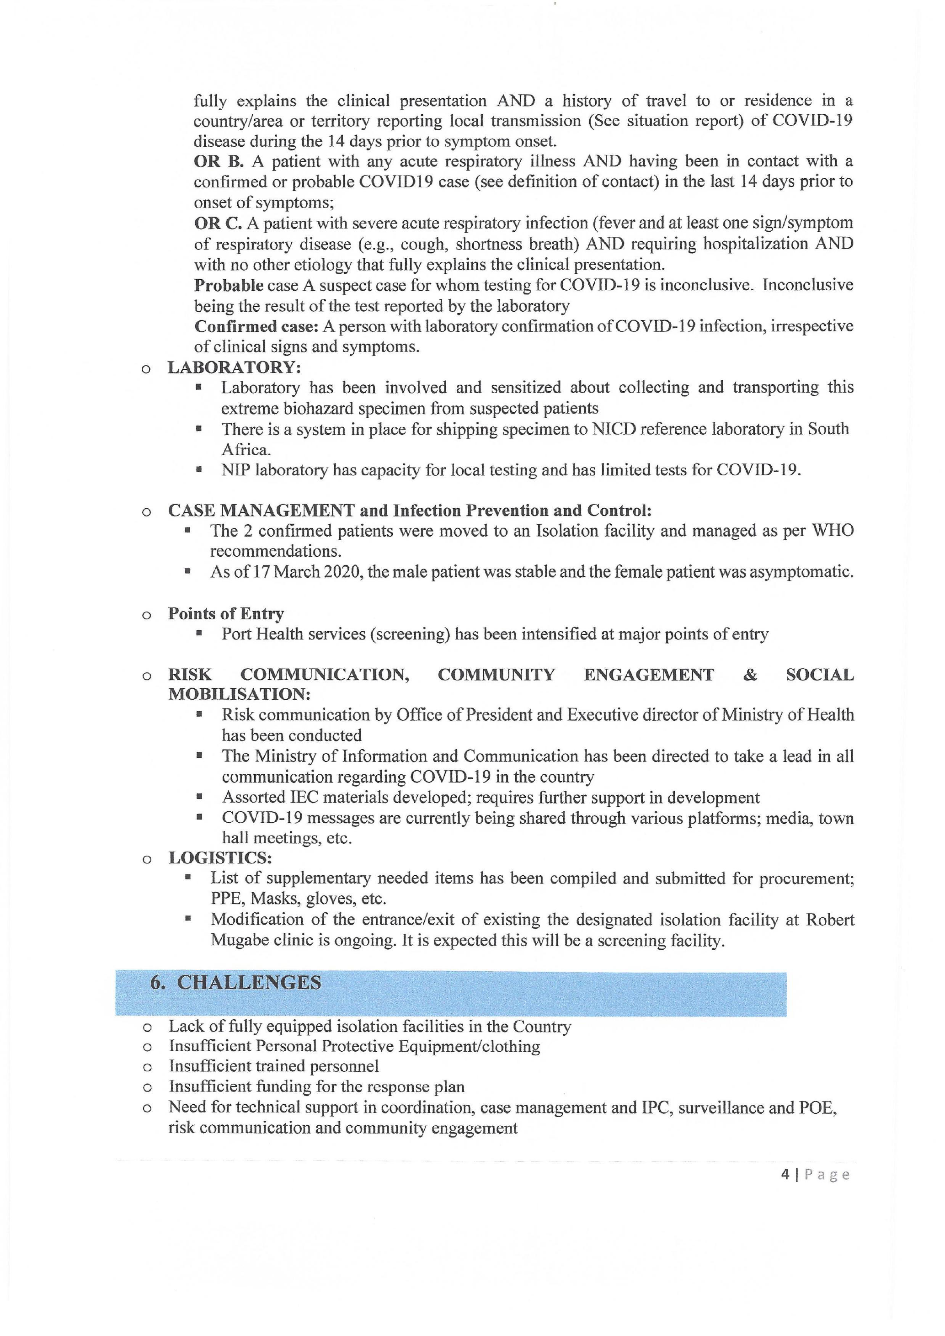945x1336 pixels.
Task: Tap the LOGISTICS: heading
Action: (x=220, y=858)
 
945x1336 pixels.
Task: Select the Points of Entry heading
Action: (x=226, y=613)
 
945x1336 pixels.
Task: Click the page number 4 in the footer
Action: (x=785, y=1175)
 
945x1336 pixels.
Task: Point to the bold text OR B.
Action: (x=218, y=161)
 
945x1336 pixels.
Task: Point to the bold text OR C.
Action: (x=218, y=223)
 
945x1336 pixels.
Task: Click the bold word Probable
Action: (x=229, y=285)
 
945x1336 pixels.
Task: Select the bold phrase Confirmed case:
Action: (x=256, y=326)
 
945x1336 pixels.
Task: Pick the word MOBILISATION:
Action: (x=239, y=694)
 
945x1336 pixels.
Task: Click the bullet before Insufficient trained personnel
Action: (x=147, y=1067)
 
